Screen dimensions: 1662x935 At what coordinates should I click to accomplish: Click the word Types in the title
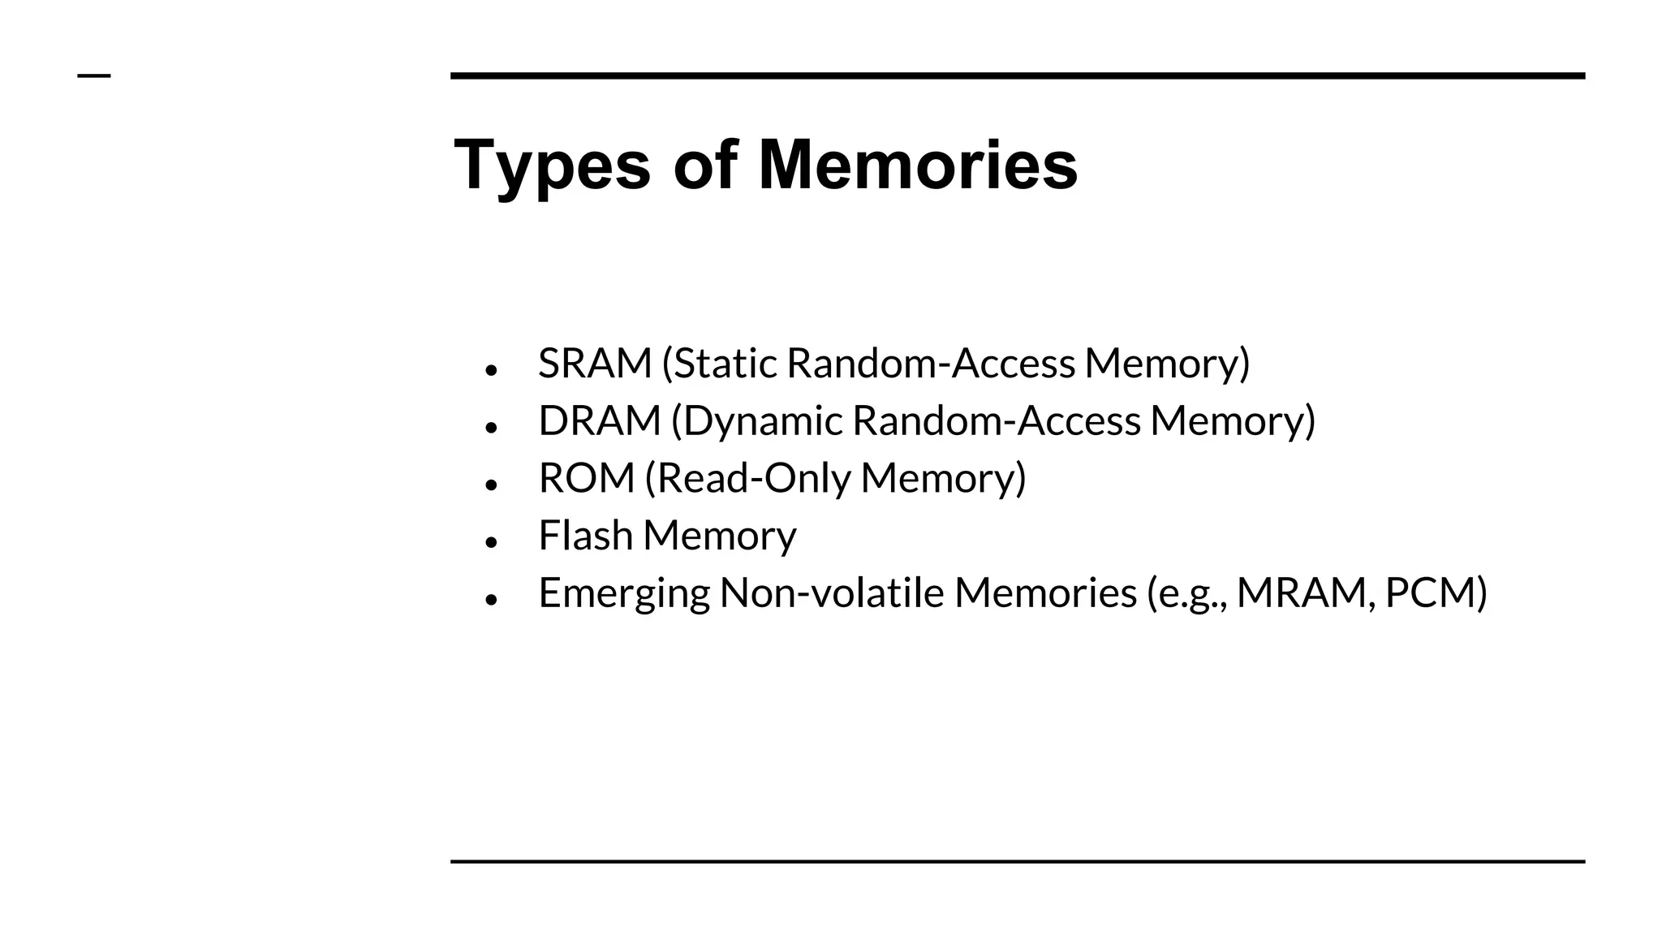click(x=552, y=166)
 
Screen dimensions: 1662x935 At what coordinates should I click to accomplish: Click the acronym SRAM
click(x=595, y=363)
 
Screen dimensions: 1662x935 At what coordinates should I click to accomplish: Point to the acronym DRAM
click(x=600, y=420)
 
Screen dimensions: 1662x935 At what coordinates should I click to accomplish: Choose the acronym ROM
click(x=586, y=478)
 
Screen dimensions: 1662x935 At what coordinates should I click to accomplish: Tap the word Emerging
click(x=623, y=593)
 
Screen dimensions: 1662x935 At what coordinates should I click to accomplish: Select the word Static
click(x=726, y=363)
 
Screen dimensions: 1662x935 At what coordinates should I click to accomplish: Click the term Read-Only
click(x=753, y=478)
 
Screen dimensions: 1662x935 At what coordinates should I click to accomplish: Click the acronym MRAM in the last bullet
click(x=1304, y=593)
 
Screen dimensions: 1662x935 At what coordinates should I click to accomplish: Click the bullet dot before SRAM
click(x=490, y=369)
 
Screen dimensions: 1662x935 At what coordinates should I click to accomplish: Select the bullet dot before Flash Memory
click(x=490, y=541)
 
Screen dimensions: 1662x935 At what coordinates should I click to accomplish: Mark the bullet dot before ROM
click(x=490, y=484)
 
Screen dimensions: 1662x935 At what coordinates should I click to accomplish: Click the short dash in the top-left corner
click(x=94, y=76)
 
